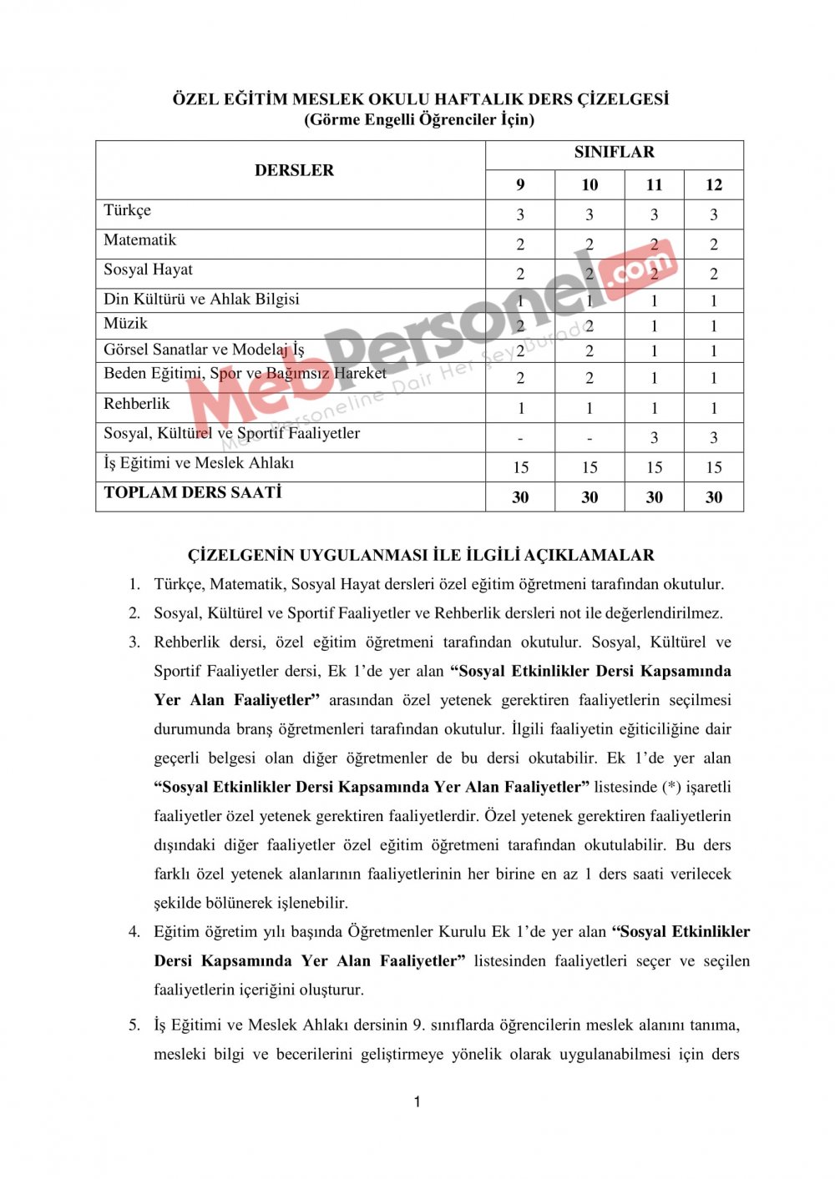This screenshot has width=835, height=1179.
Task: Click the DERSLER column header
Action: click(x=294, y=170)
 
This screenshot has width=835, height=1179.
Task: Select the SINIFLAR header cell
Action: click(x=614, y=152)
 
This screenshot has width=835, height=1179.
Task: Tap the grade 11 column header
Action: click(x=654, y=185)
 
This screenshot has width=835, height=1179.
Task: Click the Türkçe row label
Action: click(x=128, y=210)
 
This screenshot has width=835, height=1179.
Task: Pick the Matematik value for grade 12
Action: click(x=713, y=244)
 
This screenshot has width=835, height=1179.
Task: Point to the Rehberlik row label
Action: click(x=137, y=404)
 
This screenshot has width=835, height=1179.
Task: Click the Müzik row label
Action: click(x=125, y=324)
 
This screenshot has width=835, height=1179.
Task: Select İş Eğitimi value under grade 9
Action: click(x=520, y=467)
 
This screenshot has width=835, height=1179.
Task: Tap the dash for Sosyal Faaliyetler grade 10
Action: click(x=590, y=438)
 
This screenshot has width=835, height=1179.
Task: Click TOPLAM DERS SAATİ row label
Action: click(x=193, y=492)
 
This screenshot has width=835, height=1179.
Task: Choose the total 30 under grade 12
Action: click(x=713, y=497)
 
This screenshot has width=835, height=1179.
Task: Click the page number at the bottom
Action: click(x=417, y=1102)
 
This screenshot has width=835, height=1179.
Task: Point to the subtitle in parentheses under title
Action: click(x=419, y=119)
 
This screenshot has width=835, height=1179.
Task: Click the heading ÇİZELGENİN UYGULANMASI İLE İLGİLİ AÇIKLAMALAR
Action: click(x=421, y=555)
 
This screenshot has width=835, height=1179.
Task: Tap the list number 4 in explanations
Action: click(x=134, y=932)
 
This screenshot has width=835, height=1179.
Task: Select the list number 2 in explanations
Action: click(x=134, y=613)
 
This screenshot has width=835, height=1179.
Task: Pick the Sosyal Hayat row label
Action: click(x=148, y=270)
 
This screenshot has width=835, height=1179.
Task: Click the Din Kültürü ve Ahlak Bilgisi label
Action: click(x=201, y=299)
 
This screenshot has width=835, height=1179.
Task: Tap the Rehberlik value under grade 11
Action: click(x=654, y=408)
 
